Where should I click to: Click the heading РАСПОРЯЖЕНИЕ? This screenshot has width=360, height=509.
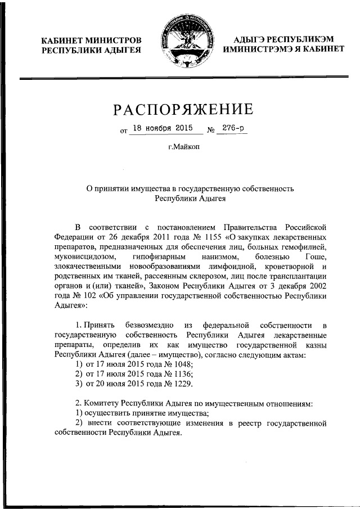click(x=180, y=109)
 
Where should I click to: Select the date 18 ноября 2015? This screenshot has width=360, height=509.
click(x=165, y=129)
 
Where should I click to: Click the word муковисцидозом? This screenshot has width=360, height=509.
click(x=83, y=256)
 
